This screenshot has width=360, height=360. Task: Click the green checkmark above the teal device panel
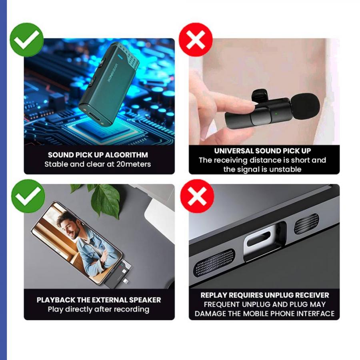(27, 40)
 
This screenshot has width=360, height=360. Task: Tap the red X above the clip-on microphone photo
(196, 40)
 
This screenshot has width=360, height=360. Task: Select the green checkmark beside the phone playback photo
(28, 196)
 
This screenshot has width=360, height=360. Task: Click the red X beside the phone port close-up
(197, 196)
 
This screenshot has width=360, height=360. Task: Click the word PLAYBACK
(56, 300)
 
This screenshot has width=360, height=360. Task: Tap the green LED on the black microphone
(276, 114)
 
